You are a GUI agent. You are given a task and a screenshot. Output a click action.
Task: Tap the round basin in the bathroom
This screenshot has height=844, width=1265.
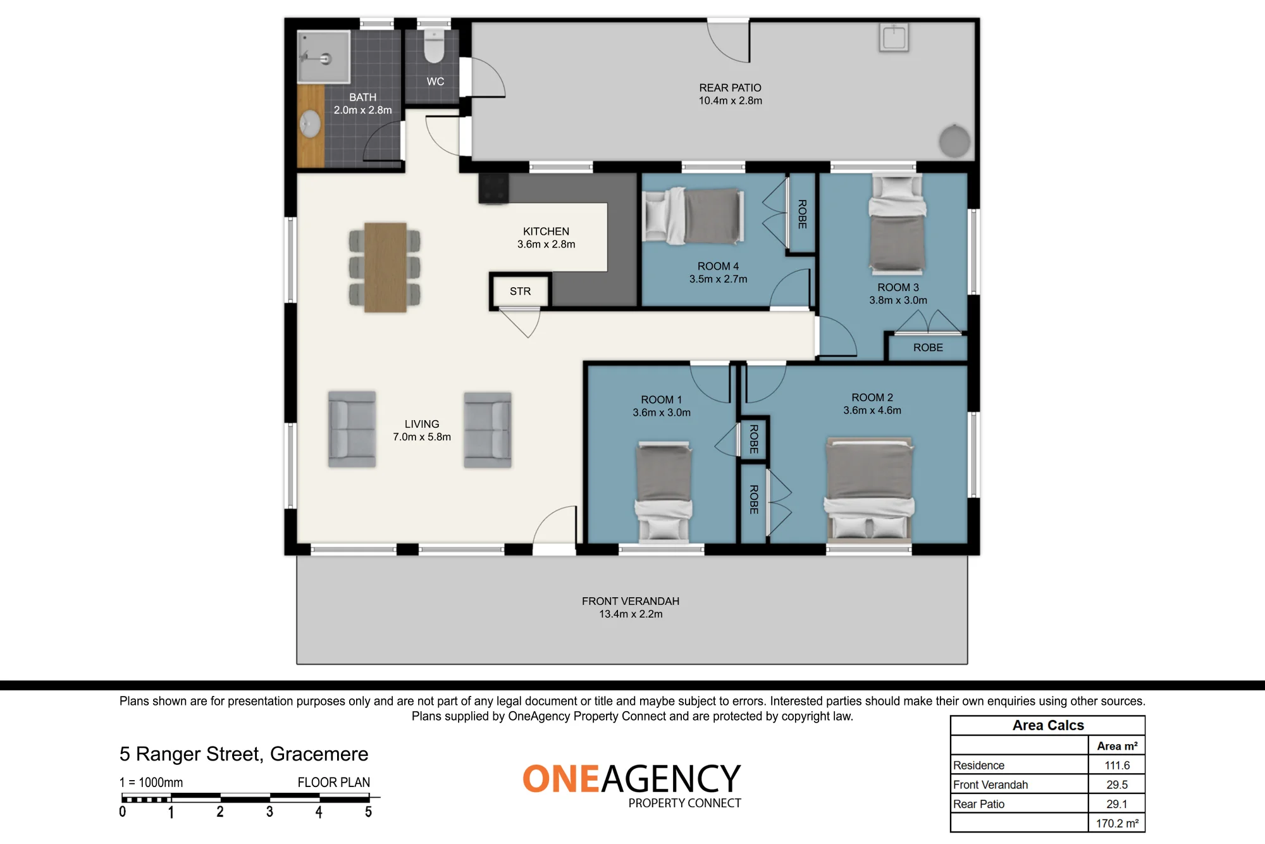(310, 124)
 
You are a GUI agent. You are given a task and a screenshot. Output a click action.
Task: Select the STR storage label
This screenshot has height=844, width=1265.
(521, 291)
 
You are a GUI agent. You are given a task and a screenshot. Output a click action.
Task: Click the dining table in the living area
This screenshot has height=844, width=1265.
(385, 267)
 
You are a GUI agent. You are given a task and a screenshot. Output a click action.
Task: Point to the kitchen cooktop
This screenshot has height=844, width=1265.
(493, 189)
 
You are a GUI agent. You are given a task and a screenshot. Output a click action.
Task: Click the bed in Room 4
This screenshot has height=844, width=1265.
(693, 215)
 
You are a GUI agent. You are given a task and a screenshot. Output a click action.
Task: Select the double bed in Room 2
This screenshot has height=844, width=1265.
(870, 488)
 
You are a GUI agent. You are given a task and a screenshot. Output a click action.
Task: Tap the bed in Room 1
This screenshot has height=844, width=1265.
(663, 492)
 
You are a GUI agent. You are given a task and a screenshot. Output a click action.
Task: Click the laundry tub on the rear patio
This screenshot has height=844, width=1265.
(894, 37)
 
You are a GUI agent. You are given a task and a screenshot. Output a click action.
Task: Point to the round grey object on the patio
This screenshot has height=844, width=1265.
(954, 141)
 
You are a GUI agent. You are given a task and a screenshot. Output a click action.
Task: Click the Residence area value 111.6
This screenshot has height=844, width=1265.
(1117, 765)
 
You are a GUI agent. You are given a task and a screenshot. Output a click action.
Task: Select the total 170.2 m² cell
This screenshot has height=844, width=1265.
(1117, 823)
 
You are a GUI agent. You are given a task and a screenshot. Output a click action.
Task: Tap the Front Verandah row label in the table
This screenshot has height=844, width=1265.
(990, 785)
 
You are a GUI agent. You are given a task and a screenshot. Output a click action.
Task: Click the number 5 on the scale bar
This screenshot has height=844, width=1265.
(368, 812)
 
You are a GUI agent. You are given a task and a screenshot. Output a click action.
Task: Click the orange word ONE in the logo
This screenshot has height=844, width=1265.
(561, 779)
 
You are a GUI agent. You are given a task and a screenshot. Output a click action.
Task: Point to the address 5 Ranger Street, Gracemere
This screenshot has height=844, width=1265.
(244, 754)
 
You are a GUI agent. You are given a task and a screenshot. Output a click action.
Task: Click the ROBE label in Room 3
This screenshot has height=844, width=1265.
(928, 347)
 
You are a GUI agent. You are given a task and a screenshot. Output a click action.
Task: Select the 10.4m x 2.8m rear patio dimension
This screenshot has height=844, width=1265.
(730, 101)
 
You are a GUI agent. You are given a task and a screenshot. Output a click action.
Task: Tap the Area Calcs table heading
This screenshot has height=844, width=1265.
(1048, 725)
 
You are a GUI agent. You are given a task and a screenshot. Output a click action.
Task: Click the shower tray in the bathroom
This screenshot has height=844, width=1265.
(323, 57)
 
